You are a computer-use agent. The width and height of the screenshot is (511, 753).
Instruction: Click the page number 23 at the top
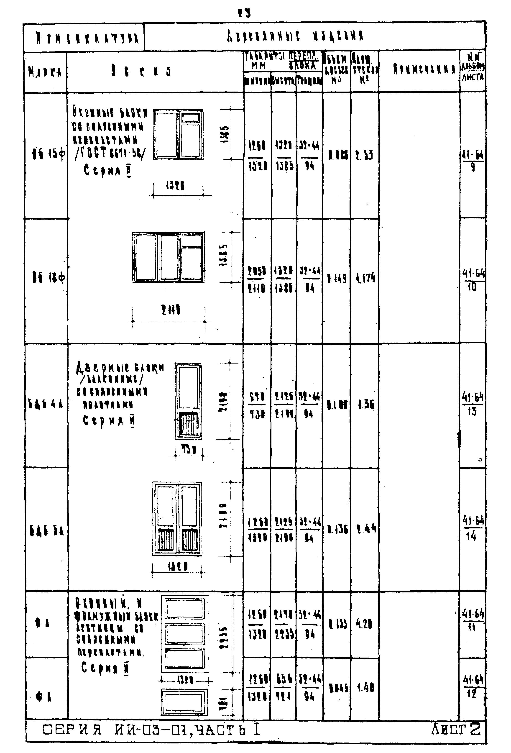tap(244, 13)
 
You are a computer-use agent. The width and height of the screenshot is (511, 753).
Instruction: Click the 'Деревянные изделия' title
tap(295, 36)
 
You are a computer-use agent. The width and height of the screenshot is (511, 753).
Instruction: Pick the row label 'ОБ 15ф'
tap(48, 155)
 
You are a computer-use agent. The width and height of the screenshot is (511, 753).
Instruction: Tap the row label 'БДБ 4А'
tap(46, 404)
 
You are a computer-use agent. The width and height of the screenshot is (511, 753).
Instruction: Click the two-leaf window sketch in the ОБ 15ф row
tap(178, 134)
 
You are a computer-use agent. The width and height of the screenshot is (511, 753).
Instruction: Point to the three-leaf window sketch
tap(169, 257)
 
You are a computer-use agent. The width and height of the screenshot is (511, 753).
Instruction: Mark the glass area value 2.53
tap(365, 155)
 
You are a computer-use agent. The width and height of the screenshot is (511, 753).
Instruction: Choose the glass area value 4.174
tap(365, 278)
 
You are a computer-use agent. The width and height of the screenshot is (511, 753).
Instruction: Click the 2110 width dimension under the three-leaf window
tap(171, 310)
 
